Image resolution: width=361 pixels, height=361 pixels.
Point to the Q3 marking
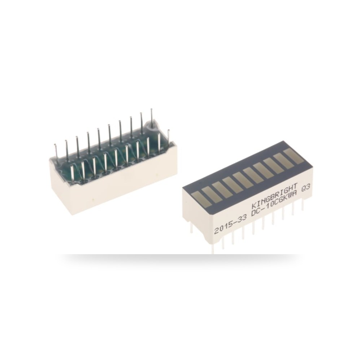coord(306,190)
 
